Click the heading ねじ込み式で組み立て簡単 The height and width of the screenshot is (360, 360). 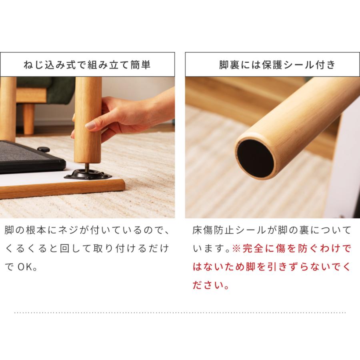pyautogui.click(x=87, y=64)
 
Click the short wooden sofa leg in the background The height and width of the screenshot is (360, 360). pyautogui.click(x=28, y=118)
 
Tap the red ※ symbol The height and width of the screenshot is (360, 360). pyautogui.click(x=236, y=249)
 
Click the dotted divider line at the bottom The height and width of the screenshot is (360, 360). pyautogui.click(x=180, y=312)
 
